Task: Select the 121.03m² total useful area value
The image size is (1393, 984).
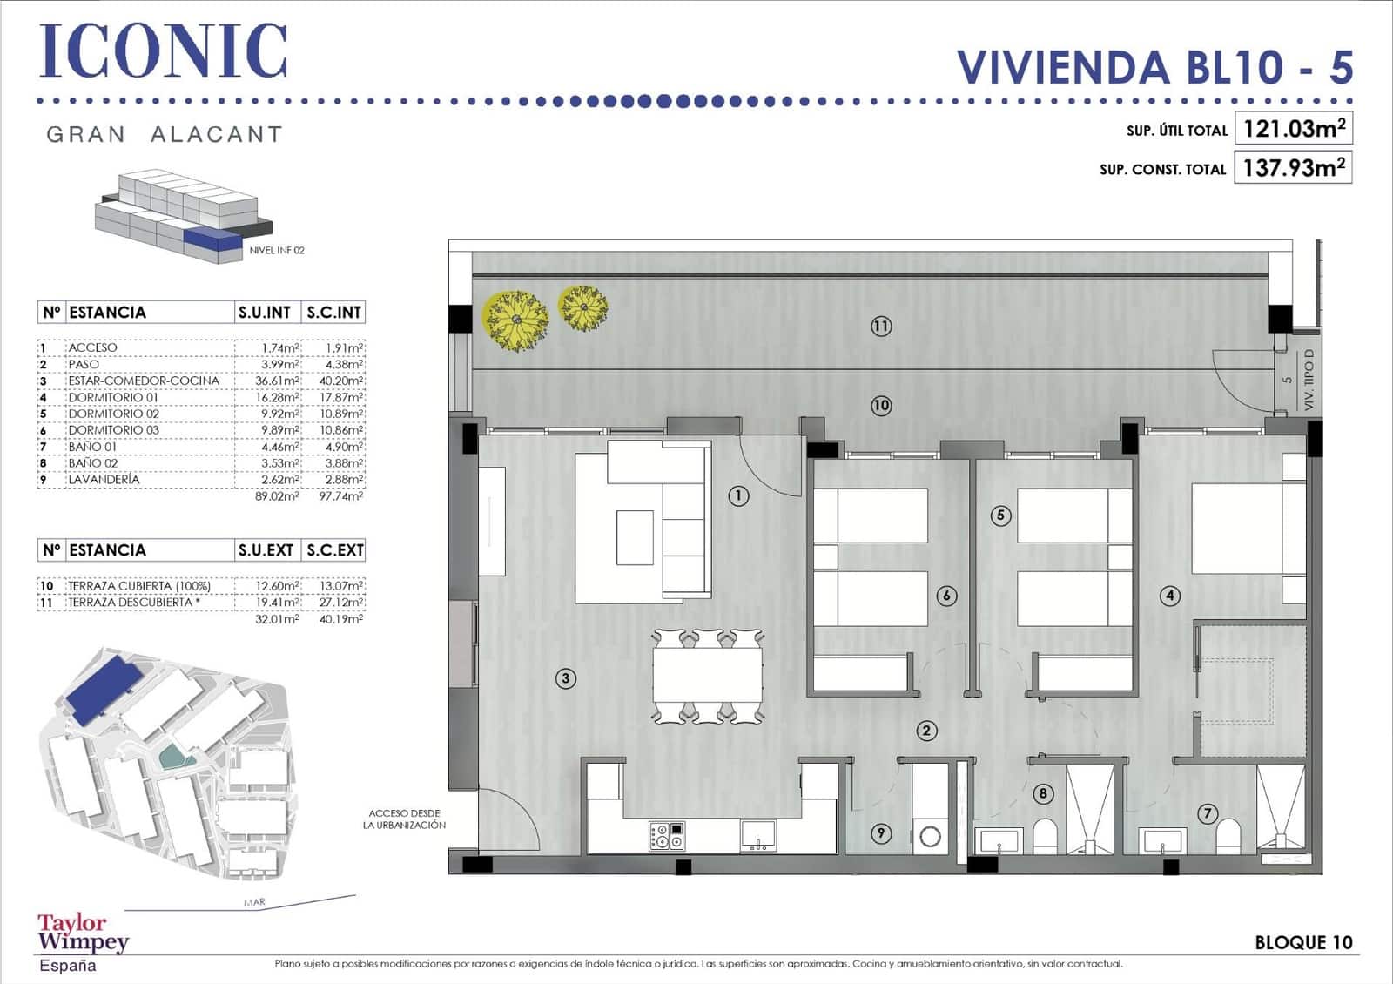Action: point(1293,129)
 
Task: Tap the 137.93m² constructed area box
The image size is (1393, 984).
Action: point(1293,167)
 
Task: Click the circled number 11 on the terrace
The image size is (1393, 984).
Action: point(881,327)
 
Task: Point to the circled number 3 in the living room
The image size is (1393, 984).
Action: point(566,678)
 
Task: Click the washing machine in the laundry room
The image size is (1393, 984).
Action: point(930,837)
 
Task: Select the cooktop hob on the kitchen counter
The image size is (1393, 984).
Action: point(667,836)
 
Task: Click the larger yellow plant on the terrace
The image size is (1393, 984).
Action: point(515,320)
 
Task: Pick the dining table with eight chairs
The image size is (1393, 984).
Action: point(708,677)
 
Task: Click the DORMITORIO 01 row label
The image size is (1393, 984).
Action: point(113,397)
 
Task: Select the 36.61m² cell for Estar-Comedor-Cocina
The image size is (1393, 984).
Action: point(277,381)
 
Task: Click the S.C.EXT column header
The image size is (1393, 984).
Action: point(334,550)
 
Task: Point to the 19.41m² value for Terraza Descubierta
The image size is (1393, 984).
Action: point(277,602)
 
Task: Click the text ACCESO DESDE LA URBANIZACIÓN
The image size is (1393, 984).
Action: point(404,819)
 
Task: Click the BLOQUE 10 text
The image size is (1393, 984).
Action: point(1303,942)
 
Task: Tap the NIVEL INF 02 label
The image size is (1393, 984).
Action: point(277,250)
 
